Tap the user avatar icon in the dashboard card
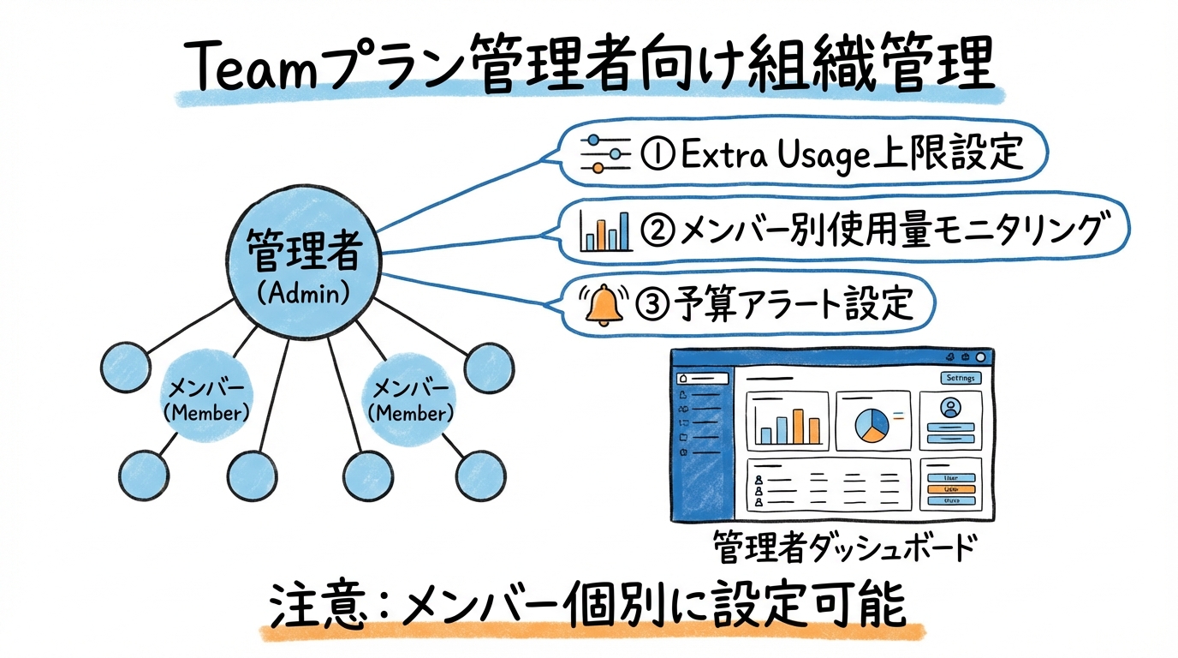(949, 408)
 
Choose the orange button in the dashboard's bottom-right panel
(950, 489)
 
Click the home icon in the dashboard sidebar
(683, 378)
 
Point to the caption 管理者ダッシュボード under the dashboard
(842, 547)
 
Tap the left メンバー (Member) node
(205, 400)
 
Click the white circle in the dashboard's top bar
(980, 357)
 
